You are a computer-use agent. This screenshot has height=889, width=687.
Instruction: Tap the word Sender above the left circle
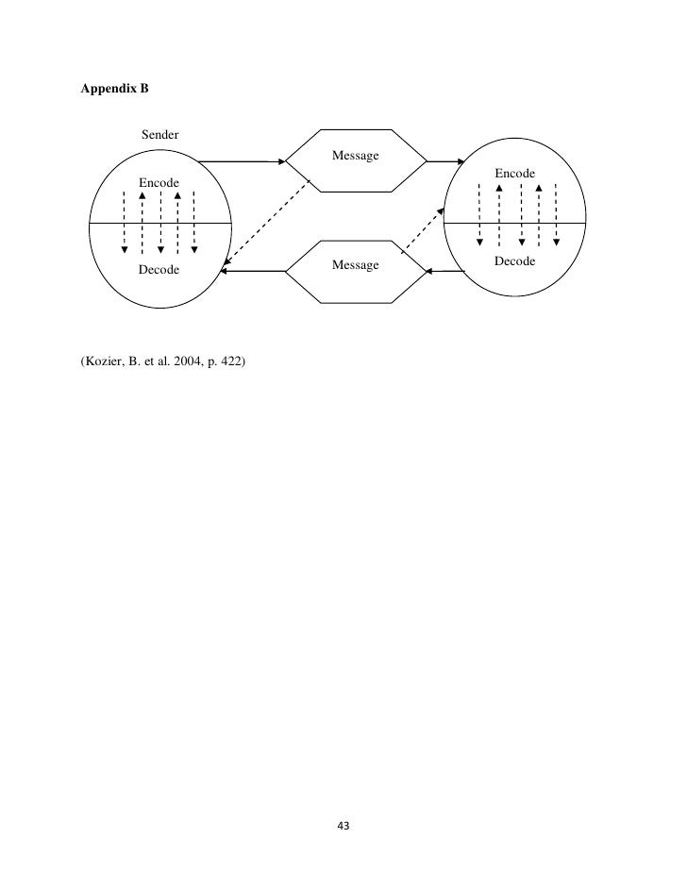click(x=160, y=136)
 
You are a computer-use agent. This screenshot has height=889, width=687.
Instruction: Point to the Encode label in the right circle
click(x=515, y=174)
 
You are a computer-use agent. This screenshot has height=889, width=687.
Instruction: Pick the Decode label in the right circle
click(x=515, y=260)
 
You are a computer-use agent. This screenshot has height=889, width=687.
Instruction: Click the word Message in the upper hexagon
click(x=355, y=156)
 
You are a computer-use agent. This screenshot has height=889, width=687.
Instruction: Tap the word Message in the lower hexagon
click(x=355, y=265)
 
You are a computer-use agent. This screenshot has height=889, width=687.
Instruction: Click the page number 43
click(x=343, y=826)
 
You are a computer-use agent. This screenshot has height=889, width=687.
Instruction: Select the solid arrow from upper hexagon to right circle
click(x=442, y=161)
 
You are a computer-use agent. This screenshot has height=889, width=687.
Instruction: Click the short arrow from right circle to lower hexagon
click(x=445, y=272)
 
